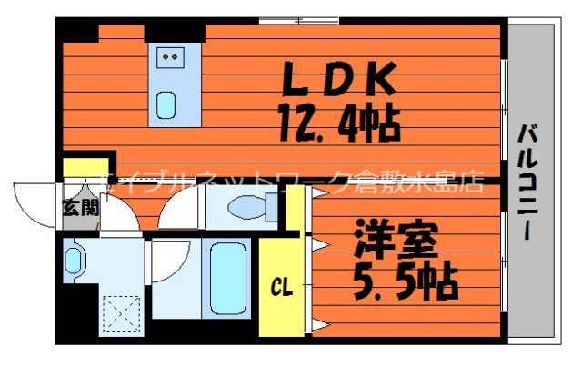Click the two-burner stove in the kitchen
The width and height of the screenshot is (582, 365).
click(x=168, y=56)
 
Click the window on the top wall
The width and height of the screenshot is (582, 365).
click(x=297, y=20)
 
